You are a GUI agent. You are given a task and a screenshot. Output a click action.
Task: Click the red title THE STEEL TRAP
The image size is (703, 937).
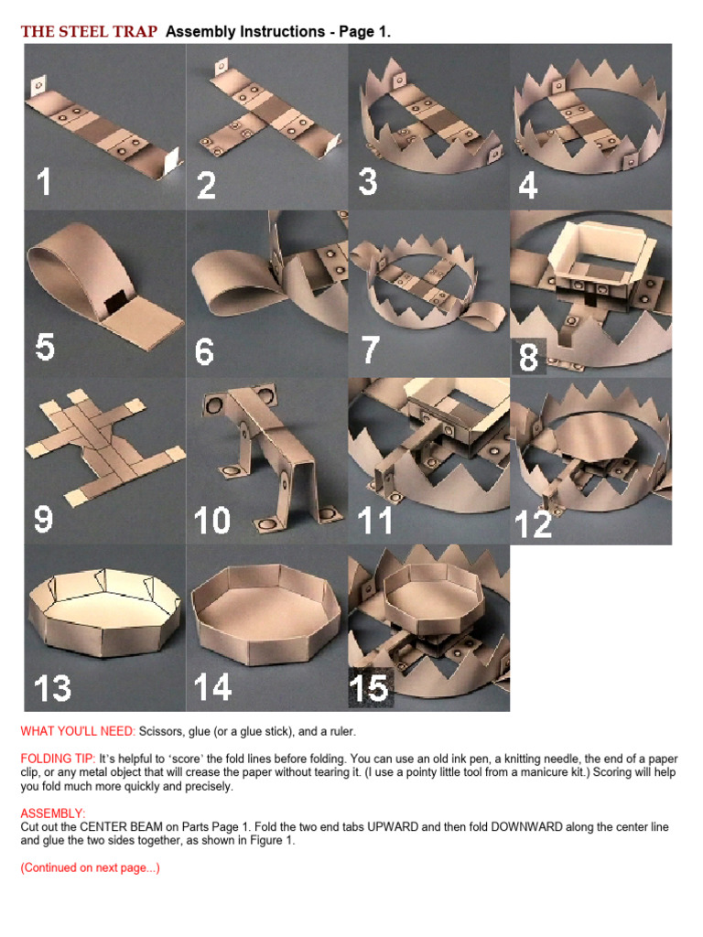pyautogui.click(x=89, y=31)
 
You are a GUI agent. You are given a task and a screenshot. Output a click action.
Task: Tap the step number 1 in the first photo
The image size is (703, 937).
pyautogui.click(x=43, y=181)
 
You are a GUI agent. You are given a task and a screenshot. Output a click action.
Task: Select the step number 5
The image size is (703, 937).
pyautogui.click(x=45, y=347)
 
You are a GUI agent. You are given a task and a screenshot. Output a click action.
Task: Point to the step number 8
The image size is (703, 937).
pyautogui.click(x=528, y=357)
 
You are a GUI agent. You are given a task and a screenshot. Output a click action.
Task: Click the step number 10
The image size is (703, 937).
pyautogui.click(x=212, y=520)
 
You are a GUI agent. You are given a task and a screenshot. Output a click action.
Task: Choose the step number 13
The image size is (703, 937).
pyautogui.click(x=52, y=688)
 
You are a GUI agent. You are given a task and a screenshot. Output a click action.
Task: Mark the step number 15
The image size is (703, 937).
pyautogui.click(x=369, y=688)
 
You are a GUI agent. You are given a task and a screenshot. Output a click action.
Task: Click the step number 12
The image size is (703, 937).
pyautogui.click(x=533, y=524)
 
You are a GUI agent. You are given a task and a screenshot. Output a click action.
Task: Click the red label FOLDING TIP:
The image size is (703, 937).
pyautogui.click(x=58, y=759)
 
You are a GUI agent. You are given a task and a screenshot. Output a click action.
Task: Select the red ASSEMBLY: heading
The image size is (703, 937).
pyautogui.click(x=53, y=813)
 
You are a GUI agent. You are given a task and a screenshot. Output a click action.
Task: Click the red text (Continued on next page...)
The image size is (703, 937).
pyautogui.click(x=91, y=867)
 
